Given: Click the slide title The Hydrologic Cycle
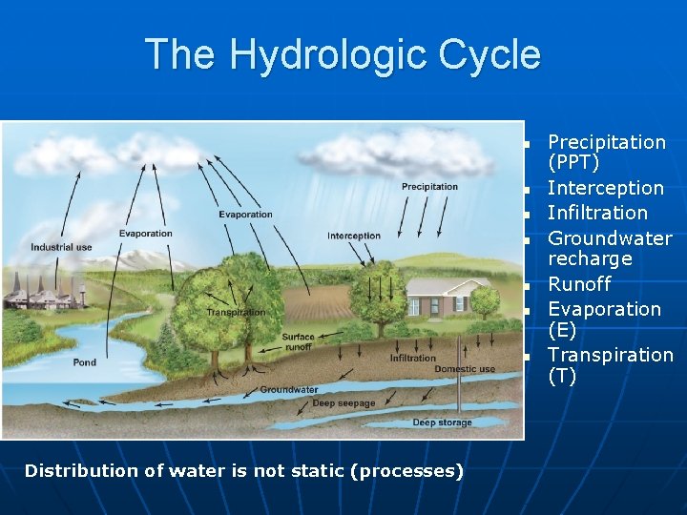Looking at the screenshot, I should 342,54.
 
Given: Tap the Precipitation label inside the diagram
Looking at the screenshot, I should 429,187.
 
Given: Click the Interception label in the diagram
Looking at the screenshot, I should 353,236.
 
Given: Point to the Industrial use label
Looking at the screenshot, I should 61,247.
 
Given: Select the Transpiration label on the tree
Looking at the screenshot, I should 236,312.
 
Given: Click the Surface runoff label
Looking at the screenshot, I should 298,342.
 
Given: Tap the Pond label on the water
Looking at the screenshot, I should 84,362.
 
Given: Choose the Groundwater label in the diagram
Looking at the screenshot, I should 289,389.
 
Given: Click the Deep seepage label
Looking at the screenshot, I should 343,403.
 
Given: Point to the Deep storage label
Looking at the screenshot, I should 442,422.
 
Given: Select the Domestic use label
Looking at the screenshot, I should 465,369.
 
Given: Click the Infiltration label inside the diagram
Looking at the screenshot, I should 412,359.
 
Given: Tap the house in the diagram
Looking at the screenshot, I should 436,297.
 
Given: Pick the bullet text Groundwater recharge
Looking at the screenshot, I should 609,248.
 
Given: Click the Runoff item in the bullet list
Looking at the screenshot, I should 579,284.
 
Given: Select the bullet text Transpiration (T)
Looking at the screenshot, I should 610,365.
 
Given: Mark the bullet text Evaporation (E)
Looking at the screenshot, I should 603,319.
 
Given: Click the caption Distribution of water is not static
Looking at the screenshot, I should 243,471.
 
